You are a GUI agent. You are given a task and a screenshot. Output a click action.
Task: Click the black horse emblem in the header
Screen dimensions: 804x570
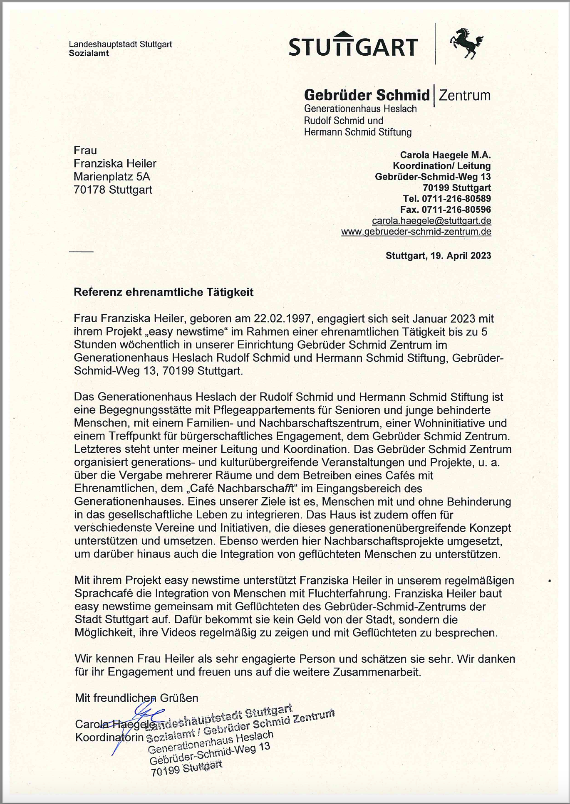[x=466, y=43]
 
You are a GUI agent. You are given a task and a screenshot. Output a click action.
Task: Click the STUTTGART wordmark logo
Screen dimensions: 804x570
[x=353, y=45]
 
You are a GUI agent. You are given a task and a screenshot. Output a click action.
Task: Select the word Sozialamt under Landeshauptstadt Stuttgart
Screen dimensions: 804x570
[x=89, y=53]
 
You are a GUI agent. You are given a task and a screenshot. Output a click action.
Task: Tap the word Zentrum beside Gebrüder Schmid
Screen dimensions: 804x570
[x=465, y=95]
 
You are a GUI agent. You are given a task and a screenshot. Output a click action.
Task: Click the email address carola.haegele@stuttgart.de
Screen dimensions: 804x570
[x=431, y=221]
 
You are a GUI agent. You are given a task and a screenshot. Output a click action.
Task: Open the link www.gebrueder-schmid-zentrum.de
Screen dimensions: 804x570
[x=416, y=232]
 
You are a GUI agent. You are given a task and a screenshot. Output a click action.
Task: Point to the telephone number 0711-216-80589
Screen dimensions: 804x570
[x=456, y=199]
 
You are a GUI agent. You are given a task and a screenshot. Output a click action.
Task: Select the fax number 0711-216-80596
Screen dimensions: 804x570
[x=456, y=210]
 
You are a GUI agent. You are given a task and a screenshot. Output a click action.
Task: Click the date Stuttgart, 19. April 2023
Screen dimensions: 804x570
[x=438, y=255]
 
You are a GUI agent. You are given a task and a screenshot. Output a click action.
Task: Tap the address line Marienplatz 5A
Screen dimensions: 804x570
[x=112, y=177]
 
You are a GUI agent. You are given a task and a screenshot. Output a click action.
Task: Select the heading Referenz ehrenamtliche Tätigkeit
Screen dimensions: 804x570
[x=164, y=292]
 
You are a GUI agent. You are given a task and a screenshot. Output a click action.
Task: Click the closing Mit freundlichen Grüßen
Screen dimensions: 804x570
[x=136, y=698]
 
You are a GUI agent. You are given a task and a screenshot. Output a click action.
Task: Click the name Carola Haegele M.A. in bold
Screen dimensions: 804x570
[x=445, y=155]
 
